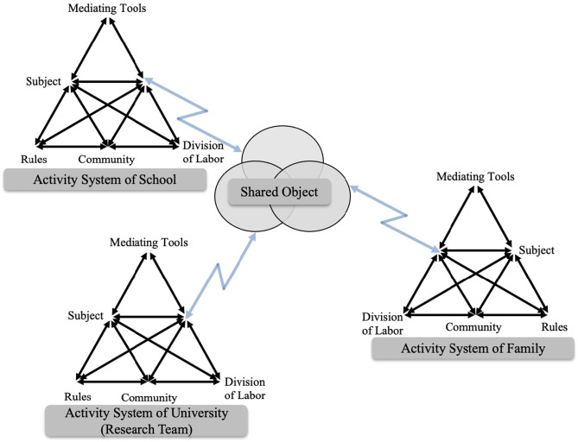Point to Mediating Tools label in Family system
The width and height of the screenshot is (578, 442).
(x=475, y=177)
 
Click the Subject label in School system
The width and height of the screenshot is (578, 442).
(x=43, y=83)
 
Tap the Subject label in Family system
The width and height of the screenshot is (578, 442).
(x=537, y=251)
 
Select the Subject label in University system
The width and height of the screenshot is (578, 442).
(x=86, y=315)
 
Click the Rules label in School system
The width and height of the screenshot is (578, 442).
(x=35, y=159)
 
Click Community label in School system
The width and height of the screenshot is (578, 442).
(x=106, y=159)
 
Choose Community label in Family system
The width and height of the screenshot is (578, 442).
(x=474, y=327)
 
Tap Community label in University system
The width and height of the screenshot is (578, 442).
(x=149, y=397)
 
